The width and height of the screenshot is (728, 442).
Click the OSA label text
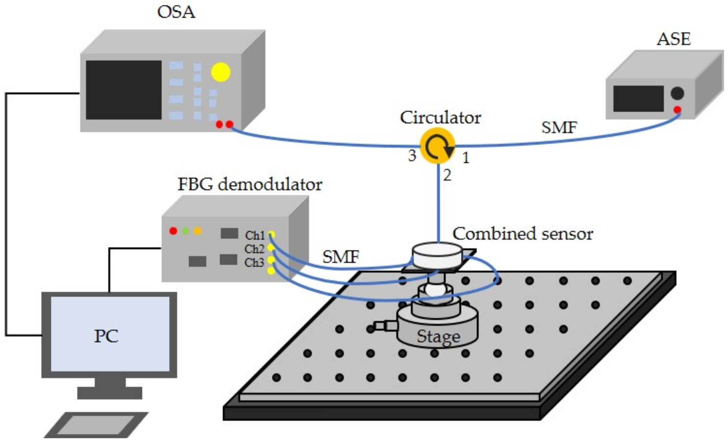click(176, 12)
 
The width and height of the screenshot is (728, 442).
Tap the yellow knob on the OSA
click(221, 72)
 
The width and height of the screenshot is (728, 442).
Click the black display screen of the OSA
click(124, 90)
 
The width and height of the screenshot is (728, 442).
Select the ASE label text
click(673, 39)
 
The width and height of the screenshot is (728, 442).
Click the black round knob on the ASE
click(677, 94)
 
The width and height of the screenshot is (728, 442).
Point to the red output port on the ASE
click(677, 110)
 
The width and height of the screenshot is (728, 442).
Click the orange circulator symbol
click(437, 145)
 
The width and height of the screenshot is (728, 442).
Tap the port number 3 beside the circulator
click(412, 156)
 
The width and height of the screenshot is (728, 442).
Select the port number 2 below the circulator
click(447, 176)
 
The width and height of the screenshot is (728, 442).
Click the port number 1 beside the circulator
click(465, 158)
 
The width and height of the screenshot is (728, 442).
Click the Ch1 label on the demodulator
click(255, 235)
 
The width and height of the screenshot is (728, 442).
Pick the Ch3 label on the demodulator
click(254, 263)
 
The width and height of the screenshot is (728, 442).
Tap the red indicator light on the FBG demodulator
click(173, 231)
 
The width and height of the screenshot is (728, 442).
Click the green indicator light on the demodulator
click(185, 231)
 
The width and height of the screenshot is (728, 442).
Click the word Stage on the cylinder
click(438, 336)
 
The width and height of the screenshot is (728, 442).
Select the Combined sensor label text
click(522, 234)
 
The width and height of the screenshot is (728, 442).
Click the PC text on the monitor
click(106, 336)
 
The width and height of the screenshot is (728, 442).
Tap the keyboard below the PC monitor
click(96, 425)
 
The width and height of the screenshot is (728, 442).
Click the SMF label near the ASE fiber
click(559, 127)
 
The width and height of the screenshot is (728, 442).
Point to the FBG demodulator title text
click(250, 184)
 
